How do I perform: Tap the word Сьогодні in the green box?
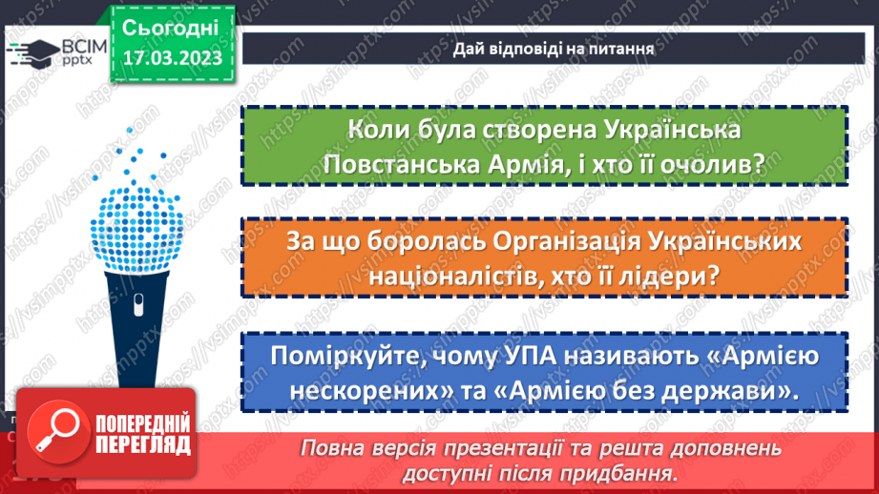172,27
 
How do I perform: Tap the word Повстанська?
407,165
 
